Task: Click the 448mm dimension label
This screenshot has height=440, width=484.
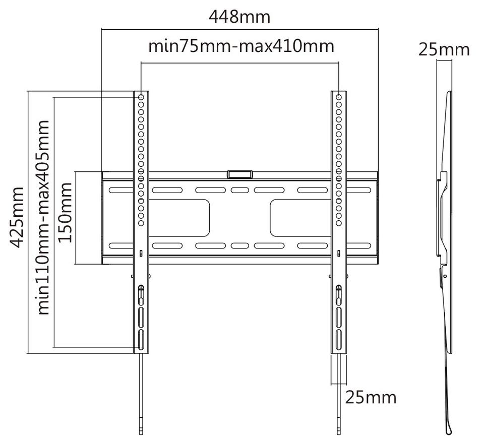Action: point(239,17)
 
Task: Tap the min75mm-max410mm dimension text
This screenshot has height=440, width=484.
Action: point(241,46)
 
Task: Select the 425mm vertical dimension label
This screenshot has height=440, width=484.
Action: point(17,217)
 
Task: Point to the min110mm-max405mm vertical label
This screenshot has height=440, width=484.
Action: point(43,218)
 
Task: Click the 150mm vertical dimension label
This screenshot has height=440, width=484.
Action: point(65,213)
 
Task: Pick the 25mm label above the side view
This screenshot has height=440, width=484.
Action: point(444,50)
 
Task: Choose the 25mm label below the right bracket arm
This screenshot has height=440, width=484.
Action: point(371,398)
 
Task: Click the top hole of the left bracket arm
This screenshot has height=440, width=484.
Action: point(141,97)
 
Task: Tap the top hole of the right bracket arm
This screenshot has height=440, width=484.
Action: point(339,97)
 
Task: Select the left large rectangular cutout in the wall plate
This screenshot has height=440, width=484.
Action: point(179,218)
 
